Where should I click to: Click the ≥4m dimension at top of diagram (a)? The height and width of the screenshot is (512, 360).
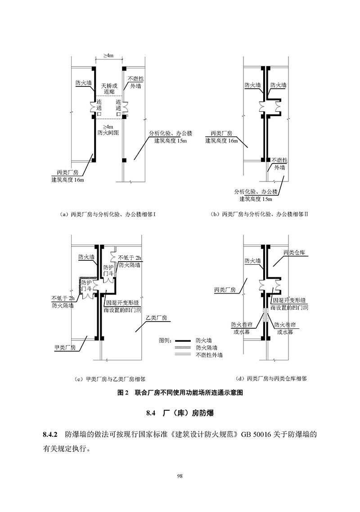point(108,55)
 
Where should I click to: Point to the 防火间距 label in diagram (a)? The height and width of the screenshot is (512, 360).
point(108,133)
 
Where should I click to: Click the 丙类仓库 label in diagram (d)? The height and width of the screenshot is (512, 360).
point(294,253)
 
